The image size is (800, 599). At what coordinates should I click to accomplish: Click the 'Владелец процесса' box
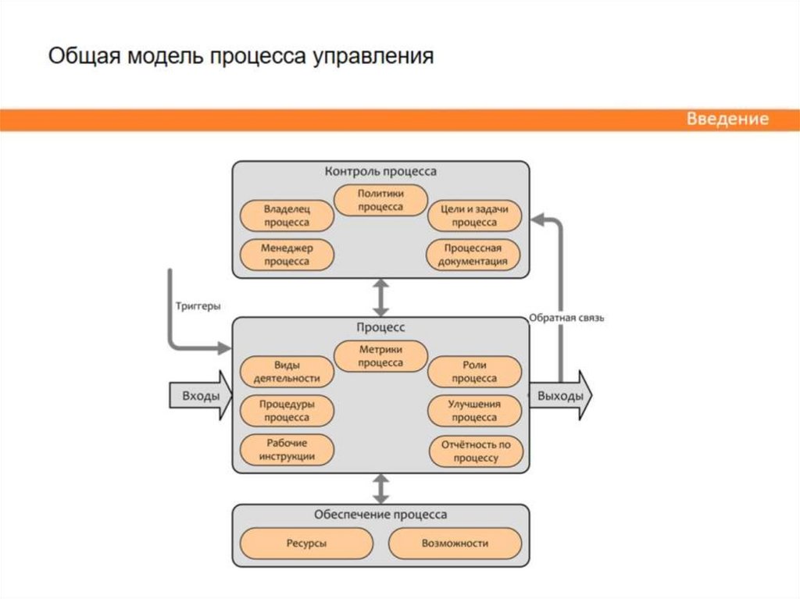tap(286, 216)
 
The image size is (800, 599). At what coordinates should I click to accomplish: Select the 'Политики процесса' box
tap(380, 200)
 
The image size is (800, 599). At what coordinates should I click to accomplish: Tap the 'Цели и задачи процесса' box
tap(474, 216)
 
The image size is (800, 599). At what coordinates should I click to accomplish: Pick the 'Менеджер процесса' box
tap(286, 255)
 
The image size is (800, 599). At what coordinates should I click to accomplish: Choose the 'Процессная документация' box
tap(474, 255)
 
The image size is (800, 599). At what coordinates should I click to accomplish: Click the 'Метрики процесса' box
tap(380, 356)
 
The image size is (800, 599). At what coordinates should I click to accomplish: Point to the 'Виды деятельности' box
tap(286, 372)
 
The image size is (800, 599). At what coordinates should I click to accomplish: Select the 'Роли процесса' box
tap(474, 372)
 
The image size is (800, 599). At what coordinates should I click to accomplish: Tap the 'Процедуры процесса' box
tap(286, 411)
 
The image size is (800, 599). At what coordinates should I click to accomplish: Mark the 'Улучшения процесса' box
tap(474, 411)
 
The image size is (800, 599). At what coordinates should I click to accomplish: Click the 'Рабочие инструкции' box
tap(286, 450)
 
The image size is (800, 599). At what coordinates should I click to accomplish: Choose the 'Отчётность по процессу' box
tap(474, 451)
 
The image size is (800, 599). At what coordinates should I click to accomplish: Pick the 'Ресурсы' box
tap(306, 544)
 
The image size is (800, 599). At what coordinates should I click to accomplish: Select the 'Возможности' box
tap(455, 544)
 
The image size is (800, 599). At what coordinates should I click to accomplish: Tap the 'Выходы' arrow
tap(561, 395)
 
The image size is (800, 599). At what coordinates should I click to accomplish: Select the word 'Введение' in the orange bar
tap(727, 119)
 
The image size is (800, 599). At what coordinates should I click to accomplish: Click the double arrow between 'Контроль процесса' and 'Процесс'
tap(380, 297)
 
